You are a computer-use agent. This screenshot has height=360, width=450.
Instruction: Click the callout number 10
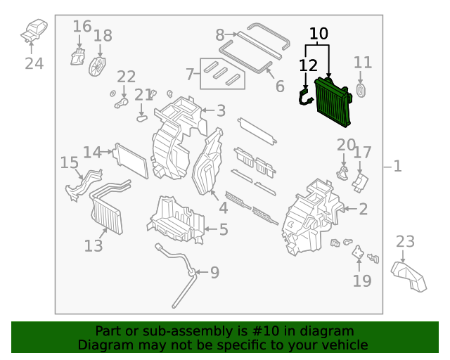pos(319,33)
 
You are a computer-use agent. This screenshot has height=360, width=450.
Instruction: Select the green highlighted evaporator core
pos(335,103)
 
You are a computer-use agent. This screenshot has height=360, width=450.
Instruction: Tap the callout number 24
pos(34,63)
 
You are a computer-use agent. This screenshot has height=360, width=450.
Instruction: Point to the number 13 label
pos(94,245)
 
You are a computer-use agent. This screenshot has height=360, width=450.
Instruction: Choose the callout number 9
pos(214,271)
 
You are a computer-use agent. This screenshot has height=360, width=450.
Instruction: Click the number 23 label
pos(405,242)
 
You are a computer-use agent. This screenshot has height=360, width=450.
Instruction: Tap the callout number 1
pos(397,167)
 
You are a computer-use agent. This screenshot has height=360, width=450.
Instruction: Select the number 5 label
pos(224,229)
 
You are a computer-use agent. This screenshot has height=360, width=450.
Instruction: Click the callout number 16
pos(82,27)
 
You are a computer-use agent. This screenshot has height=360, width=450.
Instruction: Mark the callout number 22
pos(127,76)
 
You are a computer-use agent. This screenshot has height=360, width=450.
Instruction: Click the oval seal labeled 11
pos(363,90)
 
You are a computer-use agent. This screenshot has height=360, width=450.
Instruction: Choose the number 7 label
pos(189,73)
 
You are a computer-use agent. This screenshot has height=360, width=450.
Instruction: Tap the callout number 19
pos(361,281)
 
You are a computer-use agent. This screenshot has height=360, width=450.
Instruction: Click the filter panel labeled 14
pos(131,160)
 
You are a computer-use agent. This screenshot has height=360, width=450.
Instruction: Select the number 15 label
pos(69,162)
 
